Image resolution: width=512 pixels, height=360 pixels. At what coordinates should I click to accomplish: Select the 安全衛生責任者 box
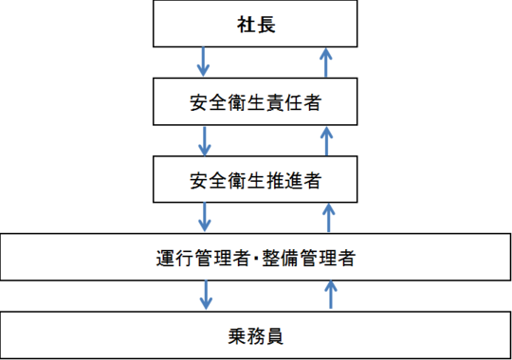pos(255,101)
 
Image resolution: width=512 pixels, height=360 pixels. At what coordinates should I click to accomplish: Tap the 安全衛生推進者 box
pos(255,177)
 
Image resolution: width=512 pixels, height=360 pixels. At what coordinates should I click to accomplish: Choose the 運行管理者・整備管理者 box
pos(255,257)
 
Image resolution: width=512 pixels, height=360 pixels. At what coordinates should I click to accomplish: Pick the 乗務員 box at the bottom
pos(255,334)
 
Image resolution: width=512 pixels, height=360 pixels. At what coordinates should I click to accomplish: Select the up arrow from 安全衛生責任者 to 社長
pos(327,62)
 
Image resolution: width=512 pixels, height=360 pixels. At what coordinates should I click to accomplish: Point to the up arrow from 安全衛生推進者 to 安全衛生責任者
pos(327,139)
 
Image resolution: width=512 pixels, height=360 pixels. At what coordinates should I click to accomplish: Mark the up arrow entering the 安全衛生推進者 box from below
pos(327,216)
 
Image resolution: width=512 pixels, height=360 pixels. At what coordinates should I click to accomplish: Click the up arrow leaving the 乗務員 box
pos(329,295)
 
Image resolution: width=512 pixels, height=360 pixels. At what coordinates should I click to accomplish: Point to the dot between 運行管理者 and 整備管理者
pos(254,257)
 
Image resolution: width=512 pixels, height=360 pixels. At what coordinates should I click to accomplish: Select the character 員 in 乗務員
pos(276,334)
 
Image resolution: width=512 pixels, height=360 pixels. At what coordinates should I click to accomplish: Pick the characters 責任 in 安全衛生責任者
pos(286,101)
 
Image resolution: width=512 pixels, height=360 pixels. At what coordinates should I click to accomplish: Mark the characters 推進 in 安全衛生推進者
pos(286,177)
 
